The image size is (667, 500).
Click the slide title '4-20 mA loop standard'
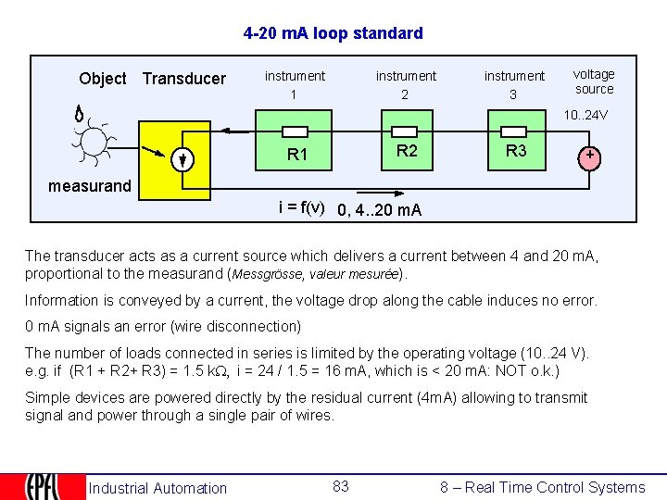pos(333,33)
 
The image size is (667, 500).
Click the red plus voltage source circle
pos(589,156)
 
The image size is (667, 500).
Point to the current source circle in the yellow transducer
pos(184,159)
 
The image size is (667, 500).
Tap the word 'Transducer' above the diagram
pos(183,79)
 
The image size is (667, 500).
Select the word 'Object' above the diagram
pos(103,79)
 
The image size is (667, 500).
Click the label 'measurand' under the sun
pos(90,186)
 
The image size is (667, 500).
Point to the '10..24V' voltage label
pos(585,116)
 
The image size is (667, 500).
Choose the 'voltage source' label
pos(594,81)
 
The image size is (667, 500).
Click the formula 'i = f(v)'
pos(301,207)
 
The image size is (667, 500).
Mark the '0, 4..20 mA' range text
pos(379,209)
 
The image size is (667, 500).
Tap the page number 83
pos(341,486)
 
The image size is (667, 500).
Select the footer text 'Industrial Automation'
pos(157,488)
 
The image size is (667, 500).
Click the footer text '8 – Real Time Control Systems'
pos(542,487)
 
